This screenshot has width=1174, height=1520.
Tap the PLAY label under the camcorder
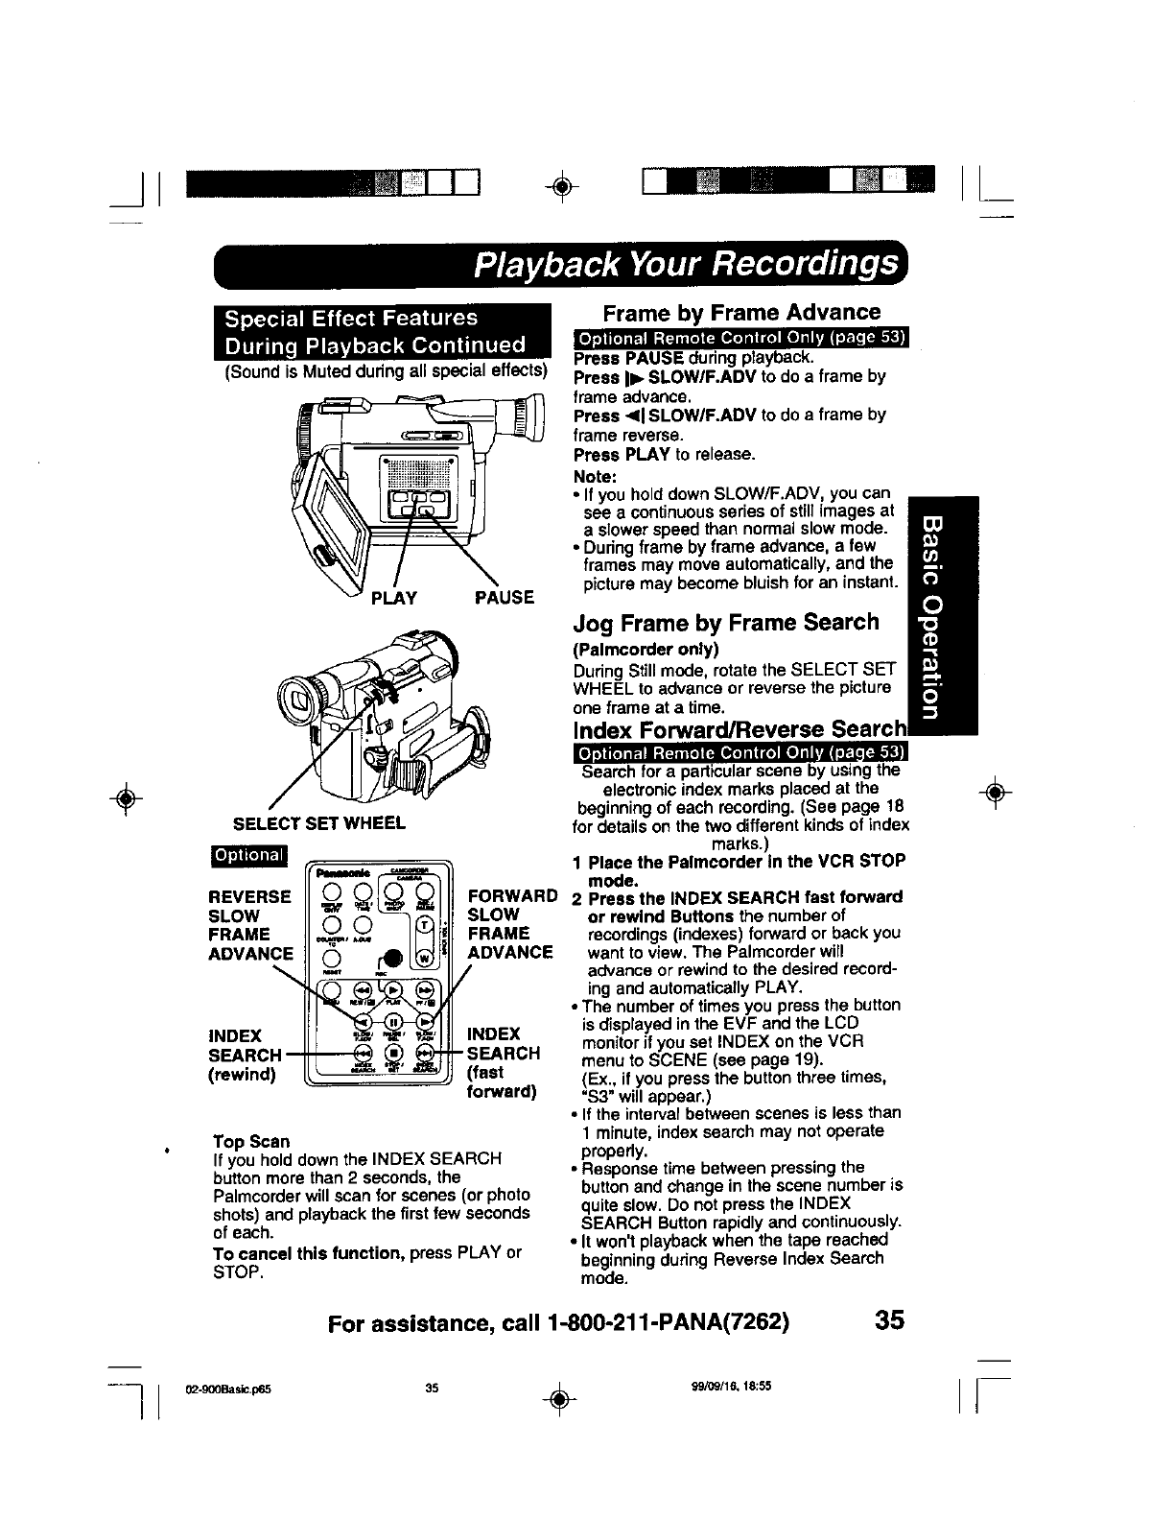[393, 598]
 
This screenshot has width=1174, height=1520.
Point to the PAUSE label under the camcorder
[505, 598]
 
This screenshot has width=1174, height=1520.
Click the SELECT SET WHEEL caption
[319, 822]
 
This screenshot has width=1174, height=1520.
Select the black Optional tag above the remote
[248, 855]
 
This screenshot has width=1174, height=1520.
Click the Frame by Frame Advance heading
[740, 312]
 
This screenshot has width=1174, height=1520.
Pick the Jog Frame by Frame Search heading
[725, 622]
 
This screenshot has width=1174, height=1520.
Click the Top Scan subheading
[251, 1141]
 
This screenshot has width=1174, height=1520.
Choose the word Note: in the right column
[595, 477]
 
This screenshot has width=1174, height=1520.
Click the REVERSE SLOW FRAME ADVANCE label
[250, 924]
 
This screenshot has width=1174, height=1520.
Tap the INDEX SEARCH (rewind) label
[244, 1055]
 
